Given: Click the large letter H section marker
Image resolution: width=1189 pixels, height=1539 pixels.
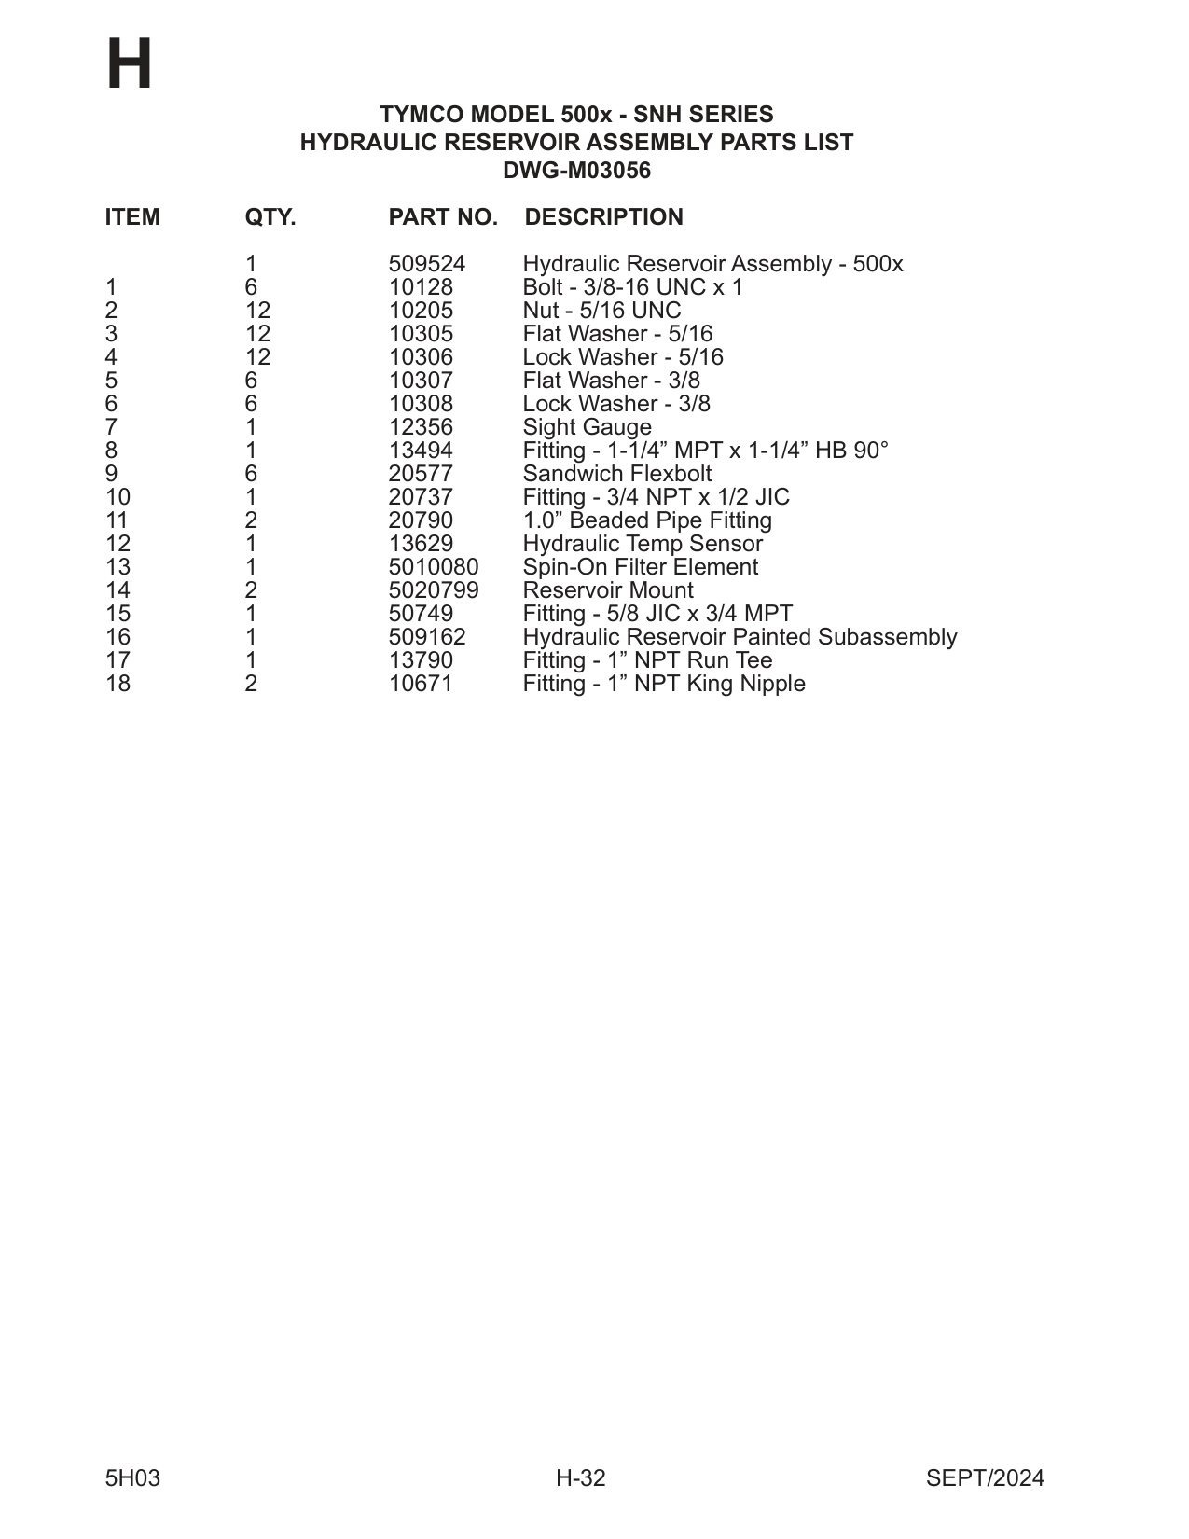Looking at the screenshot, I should click(x=129, y=65).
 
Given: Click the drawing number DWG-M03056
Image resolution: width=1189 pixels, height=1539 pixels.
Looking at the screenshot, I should click(x=576, y=171).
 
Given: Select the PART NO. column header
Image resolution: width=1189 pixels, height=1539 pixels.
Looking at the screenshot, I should click(x=443, y=217).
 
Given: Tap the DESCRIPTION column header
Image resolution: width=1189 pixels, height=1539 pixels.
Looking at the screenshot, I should click(x=603, y=217).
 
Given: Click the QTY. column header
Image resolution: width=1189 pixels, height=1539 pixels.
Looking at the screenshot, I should click(x=270, y=217).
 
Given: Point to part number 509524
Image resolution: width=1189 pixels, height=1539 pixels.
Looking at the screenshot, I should click(x=426, y=264).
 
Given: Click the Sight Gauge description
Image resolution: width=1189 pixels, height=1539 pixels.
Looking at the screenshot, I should click(x=587, y=427).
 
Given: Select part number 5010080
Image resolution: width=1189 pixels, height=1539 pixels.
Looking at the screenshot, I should click(x=433, y=567).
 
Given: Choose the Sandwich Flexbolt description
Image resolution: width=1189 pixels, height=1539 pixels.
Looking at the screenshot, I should click(x=616, y=474).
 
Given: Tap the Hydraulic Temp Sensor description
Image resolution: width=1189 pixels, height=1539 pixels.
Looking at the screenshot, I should click(x=642, y=544).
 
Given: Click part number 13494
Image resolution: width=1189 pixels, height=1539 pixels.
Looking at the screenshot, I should click(x=421, y=451).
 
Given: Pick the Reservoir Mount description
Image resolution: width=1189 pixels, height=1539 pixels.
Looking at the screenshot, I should click(x=607, y=590).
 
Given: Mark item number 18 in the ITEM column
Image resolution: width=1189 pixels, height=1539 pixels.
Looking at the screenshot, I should click(x=118, y=684).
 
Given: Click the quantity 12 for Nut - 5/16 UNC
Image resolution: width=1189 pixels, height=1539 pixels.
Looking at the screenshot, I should click(x=257, y=311).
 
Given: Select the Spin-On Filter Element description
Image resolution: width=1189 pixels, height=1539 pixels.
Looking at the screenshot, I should click(x=640, y=567).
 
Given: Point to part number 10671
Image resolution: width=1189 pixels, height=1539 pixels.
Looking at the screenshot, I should click(x=421, y=684).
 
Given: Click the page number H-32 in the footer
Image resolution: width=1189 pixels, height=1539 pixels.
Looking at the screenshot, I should click(x=580, y=1478).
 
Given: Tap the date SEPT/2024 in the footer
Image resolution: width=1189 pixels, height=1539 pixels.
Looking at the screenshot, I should click(x=985, y=1478).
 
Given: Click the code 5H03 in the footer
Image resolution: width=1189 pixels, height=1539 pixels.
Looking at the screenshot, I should click(x=132, y=1478).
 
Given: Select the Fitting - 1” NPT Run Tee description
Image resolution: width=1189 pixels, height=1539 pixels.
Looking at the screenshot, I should click(x=647, y=660).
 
